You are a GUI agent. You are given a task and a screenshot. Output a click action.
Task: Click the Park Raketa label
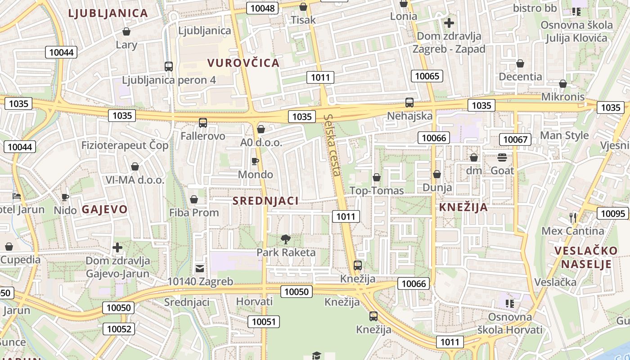click(286, 252)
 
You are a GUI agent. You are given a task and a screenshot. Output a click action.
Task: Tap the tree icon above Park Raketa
click(286, 239)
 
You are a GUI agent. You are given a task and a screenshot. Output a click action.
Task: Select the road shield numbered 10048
click(263, 8)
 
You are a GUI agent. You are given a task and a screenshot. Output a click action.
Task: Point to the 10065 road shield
click(427, 76)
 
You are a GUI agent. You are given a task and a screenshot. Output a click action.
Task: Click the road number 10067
click(515, 139)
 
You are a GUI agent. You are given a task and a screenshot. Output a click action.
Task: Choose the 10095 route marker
click(613, 213)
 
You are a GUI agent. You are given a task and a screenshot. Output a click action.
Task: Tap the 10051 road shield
click(264, 321)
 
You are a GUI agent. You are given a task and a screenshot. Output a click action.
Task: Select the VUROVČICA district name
click(243, 63)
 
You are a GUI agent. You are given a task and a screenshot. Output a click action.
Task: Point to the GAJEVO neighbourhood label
click(105, 209)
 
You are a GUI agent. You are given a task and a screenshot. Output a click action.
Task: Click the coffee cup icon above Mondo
click(255, 161)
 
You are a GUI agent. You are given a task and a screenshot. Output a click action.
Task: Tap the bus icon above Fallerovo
click(203, 122)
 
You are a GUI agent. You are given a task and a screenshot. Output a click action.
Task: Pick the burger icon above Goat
click(502, 157)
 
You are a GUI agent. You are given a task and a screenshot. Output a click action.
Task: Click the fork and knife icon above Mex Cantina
click(573, 218)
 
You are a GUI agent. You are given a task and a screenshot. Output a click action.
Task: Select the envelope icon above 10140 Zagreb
click(200, 269)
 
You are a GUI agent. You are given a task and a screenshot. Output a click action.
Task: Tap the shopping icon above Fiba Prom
click(194, 199)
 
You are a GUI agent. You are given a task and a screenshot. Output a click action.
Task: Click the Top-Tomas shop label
click(377, 191)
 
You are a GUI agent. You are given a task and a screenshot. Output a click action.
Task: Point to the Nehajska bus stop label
click(410, 116)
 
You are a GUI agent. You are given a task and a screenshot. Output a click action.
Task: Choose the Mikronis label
click(563, 97)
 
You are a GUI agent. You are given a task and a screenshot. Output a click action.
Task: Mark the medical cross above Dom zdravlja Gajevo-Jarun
click(117, 247)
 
